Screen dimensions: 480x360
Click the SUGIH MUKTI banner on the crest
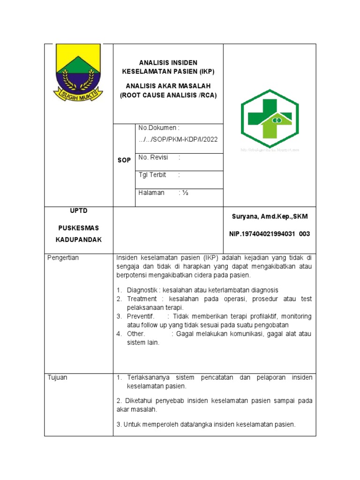point(78,96)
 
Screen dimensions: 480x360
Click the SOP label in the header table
point(124,160)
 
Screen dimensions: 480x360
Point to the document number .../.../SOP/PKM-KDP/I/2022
point(178,140)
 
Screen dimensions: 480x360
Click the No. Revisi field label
point(153,157)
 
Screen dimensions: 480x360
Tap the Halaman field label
point(151,193)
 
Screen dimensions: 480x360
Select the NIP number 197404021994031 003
point(269,234)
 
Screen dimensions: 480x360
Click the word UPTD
point(79,210)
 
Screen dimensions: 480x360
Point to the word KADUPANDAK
point(79,240)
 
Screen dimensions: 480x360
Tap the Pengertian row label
point(64,258)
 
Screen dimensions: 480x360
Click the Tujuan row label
point(58,378)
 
